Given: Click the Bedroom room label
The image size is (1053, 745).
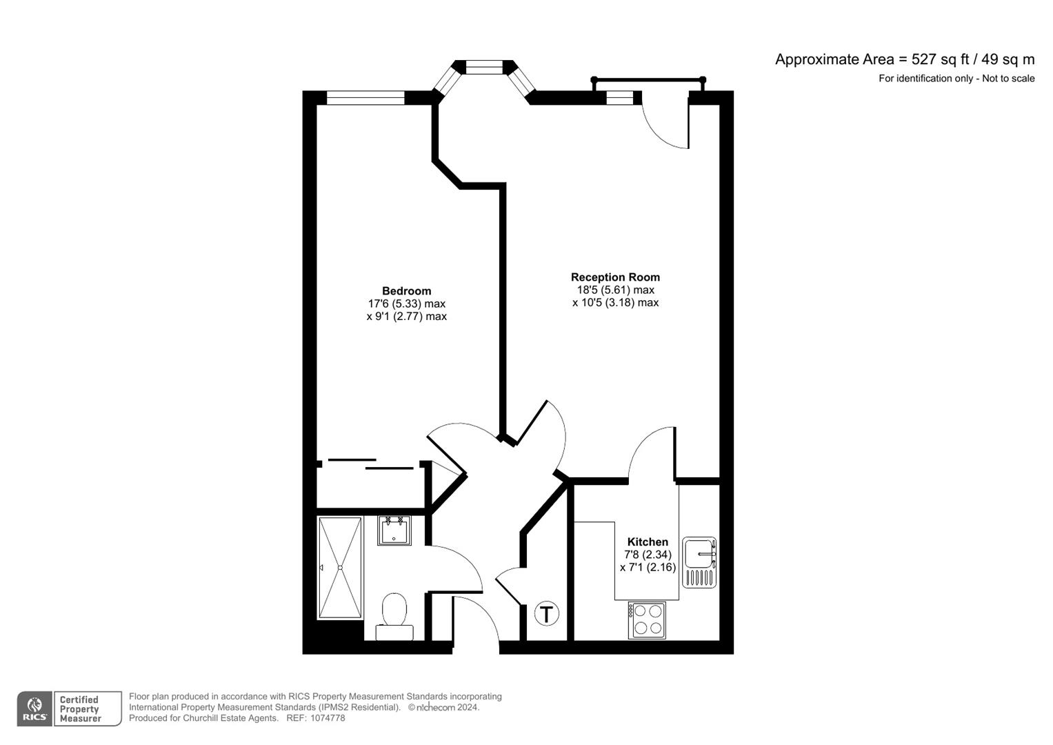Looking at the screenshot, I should coord(406,291).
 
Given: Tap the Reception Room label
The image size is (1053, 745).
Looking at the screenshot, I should coord(615,277).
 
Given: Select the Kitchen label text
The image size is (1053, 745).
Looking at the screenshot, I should coord(647,542).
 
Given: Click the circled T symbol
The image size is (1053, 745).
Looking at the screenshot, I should coord(547,613).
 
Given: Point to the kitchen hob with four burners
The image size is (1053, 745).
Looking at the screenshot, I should coord(647,619).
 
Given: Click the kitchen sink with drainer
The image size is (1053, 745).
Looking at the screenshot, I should coord(699,562).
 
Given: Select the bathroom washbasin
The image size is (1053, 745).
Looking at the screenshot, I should coord(394,530).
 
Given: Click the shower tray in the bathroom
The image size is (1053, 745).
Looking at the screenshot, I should coord(340,568).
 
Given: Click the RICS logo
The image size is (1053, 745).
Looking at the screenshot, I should coord(34,708).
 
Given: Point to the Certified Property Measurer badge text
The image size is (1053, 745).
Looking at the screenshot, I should coord(80,709).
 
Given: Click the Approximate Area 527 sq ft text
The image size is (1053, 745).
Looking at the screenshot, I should coord(904,59).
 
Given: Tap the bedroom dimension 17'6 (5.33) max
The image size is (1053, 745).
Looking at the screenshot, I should coord(406,304).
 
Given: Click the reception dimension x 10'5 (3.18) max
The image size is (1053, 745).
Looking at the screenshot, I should coord(615,303).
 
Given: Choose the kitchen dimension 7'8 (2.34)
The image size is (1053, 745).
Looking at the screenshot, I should coord(647,555).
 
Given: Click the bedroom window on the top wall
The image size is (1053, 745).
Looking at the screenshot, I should coord(365,98).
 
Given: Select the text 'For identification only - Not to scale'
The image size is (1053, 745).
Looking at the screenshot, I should coord(956,79).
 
